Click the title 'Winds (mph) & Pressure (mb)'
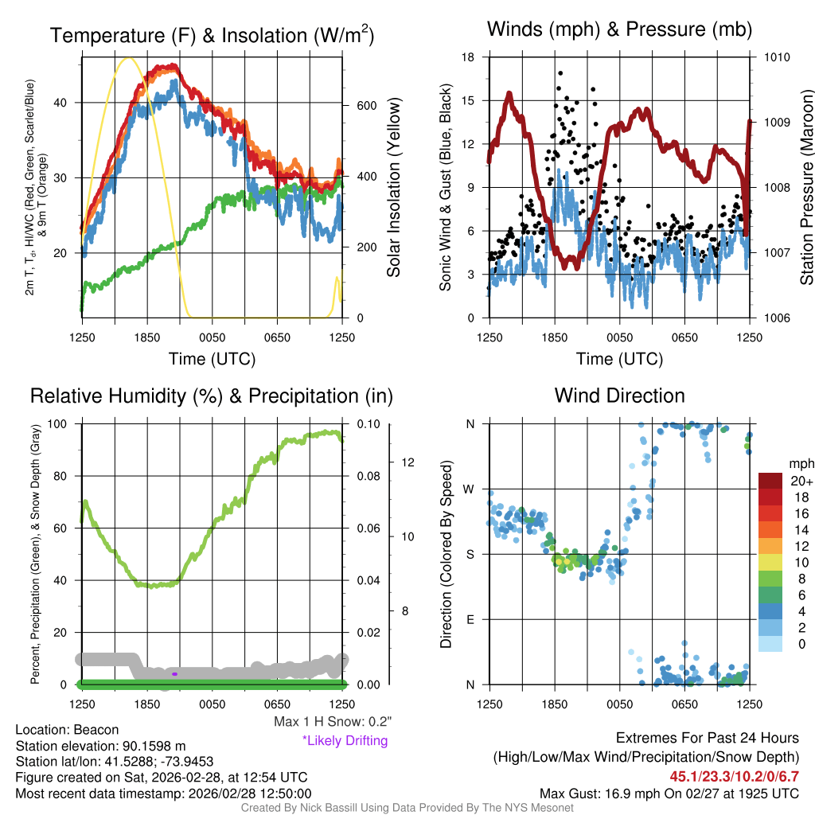click(619, 30)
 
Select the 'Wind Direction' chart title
click(619, 396)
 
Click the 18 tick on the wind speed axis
click(468, 57)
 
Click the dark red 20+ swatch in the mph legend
click(770, 481)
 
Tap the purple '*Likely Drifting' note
click(345, 740)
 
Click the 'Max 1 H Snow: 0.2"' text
click(332, 722)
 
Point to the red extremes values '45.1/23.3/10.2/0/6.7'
click(734, 776)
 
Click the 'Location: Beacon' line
click(67, 730)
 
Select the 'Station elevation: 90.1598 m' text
click(100, 746)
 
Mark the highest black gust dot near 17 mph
click(560, 73)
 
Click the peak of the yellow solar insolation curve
click(127, 58)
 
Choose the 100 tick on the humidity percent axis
click(65, 423)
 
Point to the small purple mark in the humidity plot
click(174, 674)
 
